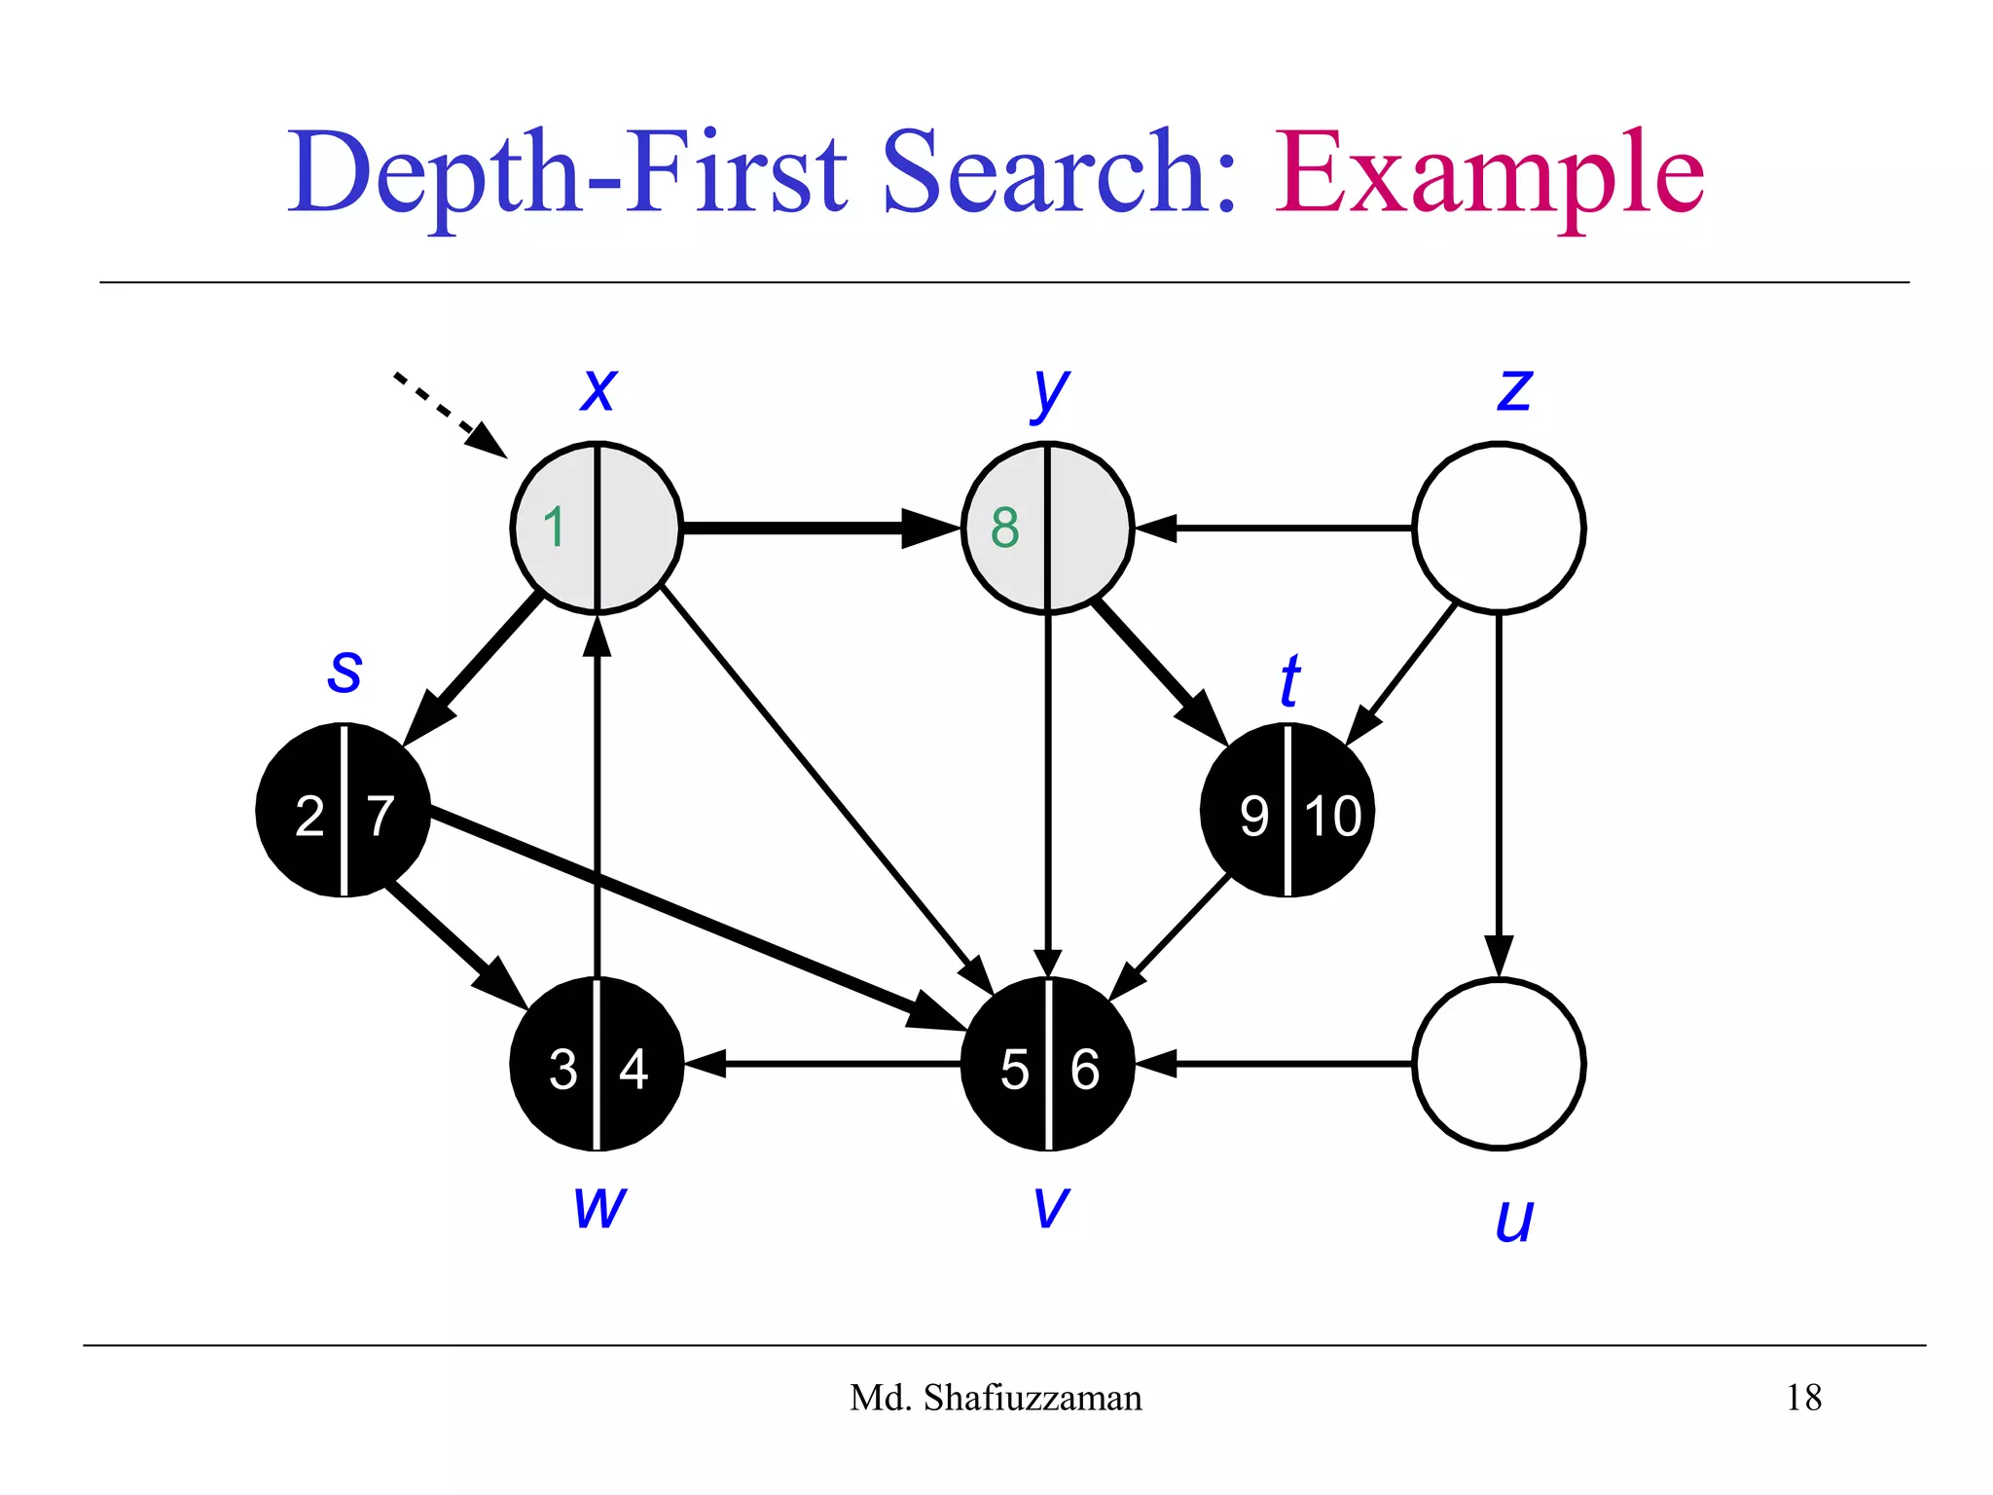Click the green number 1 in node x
555,528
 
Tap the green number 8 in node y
1005,528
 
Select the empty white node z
1499,528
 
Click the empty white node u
1499,1064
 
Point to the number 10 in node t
1332,816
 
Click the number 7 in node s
380,816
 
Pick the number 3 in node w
562,1069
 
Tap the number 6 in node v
1085,1069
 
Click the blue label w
599,1207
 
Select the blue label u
1514,1220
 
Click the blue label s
344,671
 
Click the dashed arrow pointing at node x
448,413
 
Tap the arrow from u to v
1275,1064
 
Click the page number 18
1803,1398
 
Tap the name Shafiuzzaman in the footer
1033,1398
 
